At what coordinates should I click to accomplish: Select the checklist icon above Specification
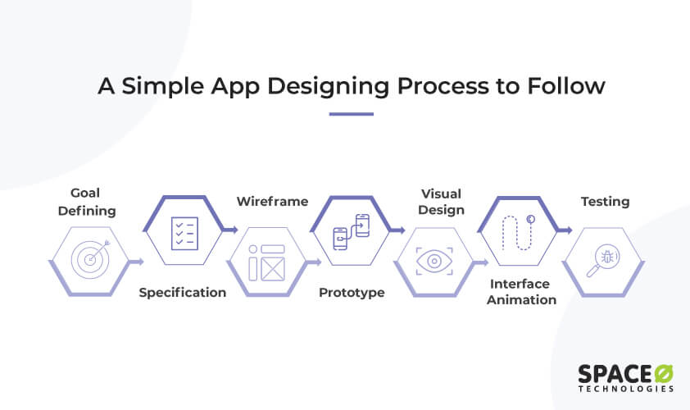182,231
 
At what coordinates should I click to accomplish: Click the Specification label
182,293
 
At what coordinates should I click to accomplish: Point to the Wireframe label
272,201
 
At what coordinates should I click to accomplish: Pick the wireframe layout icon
266,262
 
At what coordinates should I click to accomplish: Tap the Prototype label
352,293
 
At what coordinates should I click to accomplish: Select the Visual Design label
441,202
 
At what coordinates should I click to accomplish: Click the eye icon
434,262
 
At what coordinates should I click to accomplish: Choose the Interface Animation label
523,292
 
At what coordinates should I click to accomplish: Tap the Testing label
606,201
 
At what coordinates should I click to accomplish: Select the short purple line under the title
351,114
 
